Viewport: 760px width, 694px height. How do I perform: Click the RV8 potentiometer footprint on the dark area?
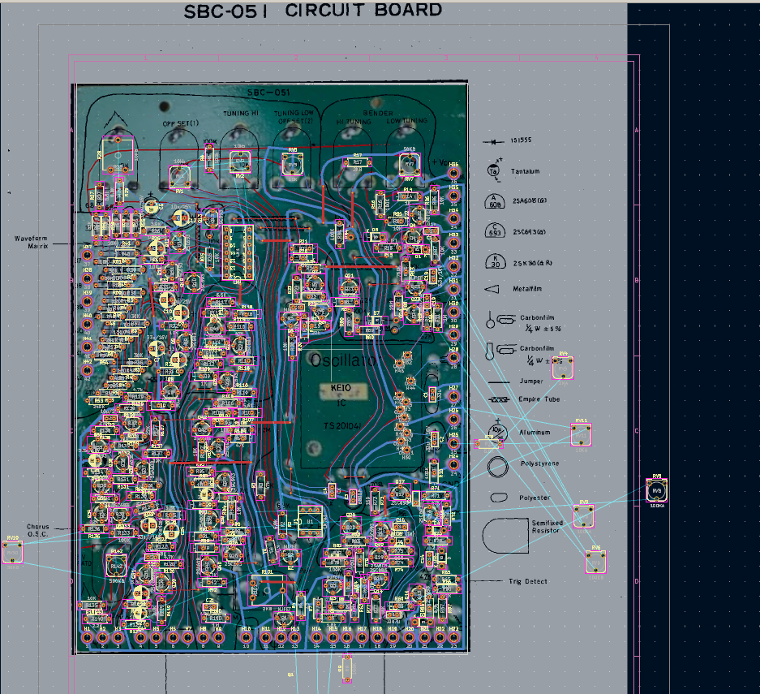click(657, 490)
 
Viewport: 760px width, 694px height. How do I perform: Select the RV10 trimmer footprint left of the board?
click(12, 552)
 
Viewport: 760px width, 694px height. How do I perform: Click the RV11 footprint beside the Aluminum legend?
click(581, 433)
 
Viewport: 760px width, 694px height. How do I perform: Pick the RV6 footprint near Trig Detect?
click(596, 561)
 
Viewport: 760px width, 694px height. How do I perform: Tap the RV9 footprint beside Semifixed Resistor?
click(583, 516)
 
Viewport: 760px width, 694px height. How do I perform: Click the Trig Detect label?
click(528, 581)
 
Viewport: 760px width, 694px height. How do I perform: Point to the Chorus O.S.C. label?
click(37, 530)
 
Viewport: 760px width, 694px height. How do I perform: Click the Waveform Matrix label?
click(32, 241)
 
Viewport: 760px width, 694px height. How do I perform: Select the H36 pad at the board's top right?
click(453, 172)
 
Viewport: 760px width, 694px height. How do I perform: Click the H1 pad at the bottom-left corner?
click(87, 637)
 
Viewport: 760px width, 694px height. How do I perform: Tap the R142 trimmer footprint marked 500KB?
click(117, 565)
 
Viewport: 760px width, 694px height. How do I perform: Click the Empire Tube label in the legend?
click(539, 399)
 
